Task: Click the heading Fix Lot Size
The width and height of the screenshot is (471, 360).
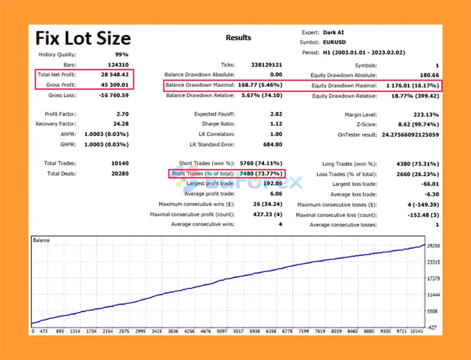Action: click(83, 38)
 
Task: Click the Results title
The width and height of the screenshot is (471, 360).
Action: click(238, 38)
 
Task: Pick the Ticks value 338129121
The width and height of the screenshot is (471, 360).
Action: click(266, 65)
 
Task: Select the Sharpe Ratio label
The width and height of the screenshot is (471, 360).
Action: click(218, 124)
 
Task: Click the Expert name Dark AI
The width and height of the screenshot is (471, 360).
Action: click(333, 33)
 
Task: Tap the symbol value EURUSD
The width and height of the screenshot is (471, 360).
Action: click(334, 42)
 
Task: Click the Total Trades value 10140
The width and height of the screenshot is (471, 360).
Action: click(120, 163)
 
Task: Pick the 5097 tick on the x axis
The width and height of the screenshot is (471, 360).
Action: click(222, 331)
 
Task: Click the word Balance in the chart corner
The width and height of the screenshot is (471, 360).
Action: click(41, 239)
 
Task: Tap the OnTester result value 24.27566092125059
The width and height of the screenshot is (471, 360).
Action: click(411, 135)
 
